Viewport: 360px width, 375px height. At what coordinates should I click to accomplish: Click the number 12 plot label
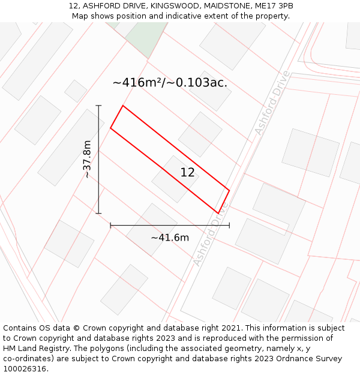click(187, 173)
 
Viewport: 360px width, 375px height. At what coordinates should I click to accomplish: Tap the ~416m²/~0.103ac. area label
click(170, 83)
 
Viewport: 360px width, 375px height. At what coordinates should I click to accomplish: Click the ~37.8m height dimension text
click(88, 159)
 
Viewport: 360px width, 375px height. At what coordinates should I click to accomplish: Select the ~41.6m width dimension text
click(170, 238)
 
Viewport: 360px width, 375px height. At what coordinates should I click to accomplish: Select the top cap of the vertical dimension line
click(98, 106)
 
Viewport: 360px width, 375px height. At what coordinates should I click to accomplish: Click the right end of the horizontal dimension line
click(229, 226)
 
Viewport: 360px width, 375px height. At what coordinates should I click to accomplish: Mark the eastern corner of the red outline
click(229, 191)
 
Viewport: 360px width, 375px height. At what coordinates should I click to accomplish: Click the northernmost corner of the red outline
click(123, 106)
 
